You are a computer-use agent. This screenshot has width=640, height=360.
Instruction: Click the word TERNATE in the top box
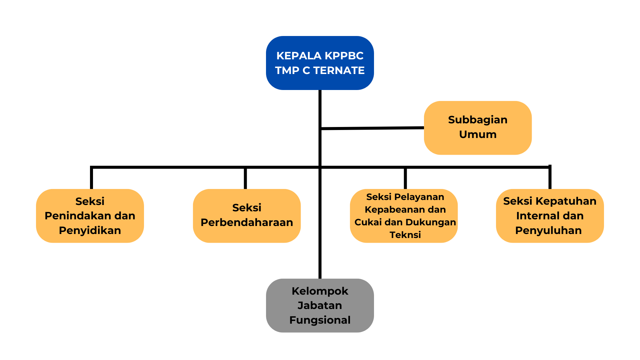pos(339,70)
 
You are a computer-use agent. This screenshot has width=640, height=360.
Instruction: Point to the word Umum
pos(478,134)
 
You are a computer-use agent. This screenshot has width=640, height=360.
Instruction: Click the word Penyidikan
pos(90,230)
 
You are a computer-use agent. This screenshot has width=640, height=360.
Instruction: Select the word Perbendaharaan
pos(247,222)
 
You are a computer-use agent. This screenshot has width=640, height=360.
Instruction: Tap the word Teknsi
pos(405,235)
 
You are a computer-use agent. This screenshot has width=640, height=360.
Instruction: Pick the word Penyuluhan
pos(548,230)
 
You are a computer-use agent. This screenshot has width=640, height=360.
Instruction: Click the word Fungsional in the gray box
pos(320,320)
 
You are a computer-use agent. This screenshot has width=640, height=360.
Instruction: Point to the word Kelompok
pos(320,291)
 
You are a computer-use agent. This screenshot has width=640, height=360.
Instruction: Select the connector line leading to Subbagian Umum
pos(372,128)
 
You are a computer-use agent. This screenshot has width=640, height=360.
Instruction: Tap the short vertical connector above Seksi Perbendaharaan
pos(245,178)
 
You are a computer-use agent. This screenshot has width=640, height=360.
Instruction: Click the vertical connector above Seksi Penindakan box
pos(92,178)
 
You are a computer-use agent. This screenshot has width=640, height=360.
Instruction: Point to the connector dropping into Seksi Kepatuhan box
pos(550,178)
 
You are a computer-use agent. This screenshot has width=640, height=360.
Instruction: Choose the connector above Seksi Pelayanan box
pos(405,178)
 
